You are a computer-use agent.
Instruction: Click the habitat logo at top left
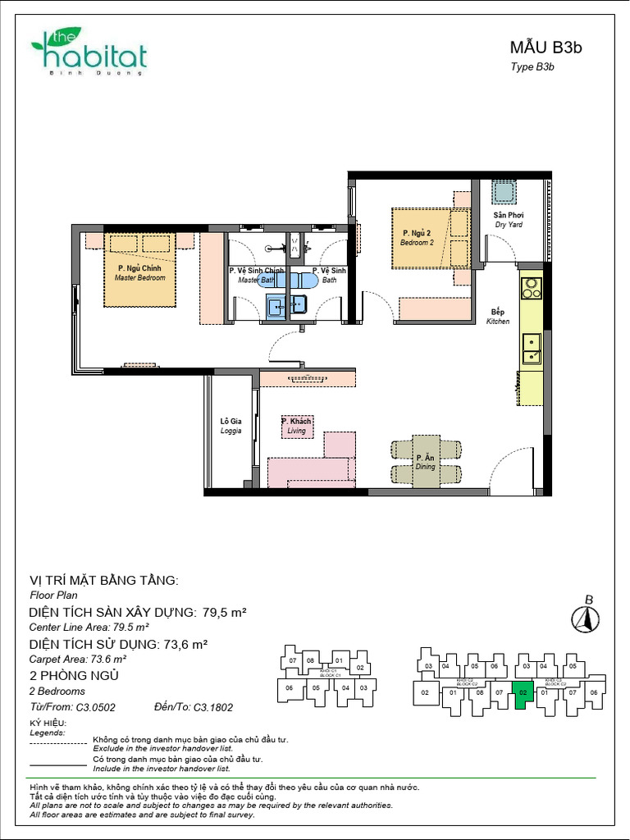pyautogui.click(x=89, y=53)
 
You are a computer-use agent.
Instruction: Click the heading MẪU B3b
pyautogui.click(x=546, y=48)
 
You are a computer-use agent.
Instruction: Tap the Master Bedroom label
pyautogui.click(x=139, y=273)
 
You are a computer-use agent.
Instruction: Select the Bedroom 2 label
pyautogui.click(x=417, y=239)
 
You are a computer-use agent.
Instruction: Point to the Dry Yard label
pyautogui.click(x=509, y=219)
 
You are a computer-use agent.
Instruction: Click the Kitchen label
pyautogui.click(x=498, y=317)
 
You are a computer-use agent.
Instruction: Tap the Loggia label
pyautogui.click(x=231, y=426)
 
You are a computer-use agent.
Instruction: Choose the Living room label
pyautogui.click(x=296, y=426)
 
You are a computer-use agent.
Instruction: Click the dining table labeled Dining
pyautogui.click(x=426, y=463)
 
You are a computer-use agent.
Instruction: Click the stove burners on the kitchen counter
pyautogui.click(x=532, y=288)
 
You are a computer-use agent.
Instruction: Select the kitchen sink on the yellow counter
pyautogui.click(x=532, y=348)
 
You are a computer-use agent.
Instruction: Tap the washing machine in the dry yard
pyautogui.click(x=503, y=192)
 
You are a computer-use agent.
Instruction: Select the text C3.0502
pyautogui.click(x=95, y=706)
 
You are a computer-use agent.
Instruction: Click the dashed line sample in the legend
pyautogui.click(x=57, y=743)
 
